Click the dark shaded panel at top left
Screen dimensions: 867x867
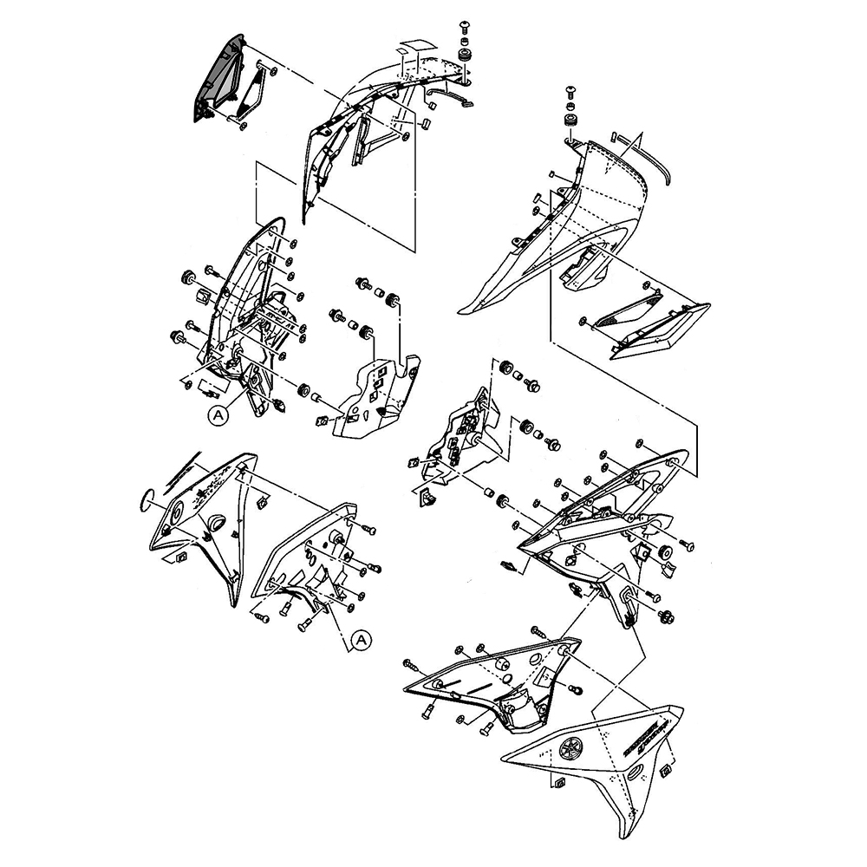pyautogui.click(x=217, y=82)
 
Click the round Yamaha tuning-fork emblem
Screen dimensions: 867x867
pyautogui.click(x=570, y=746)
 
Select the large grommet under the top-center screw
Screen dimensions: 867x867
pyautogui.click(x=466, y=54)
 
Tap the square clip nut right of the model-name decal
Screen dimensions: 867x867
pyautogui.click(x=667, y=769)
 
